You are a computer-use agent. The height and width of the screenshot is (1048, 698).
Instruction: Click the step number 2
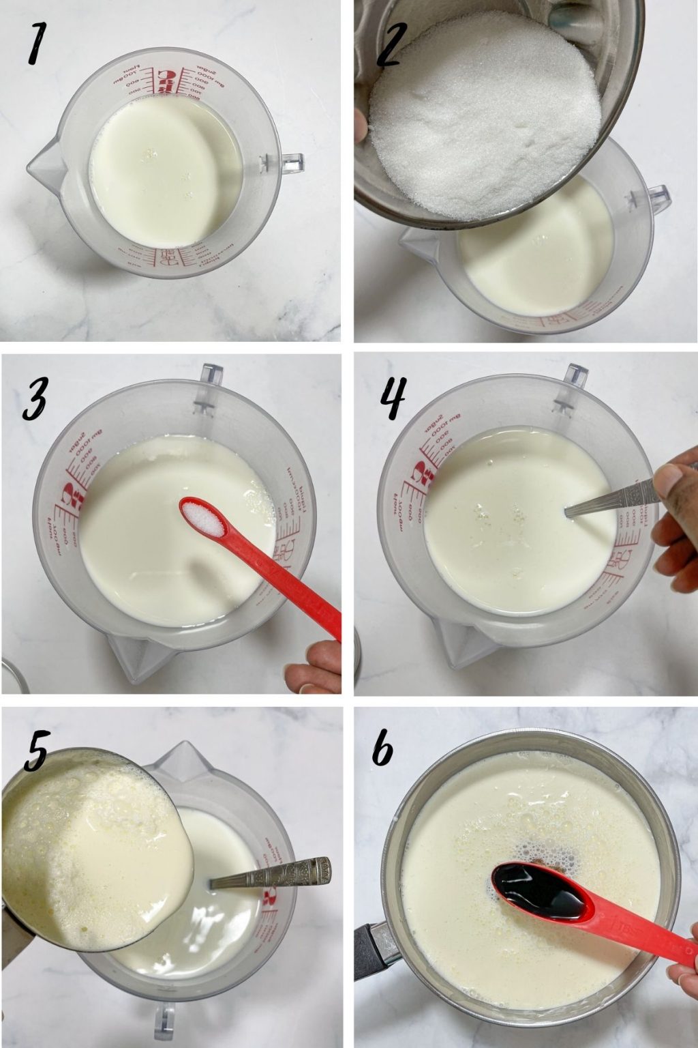(391, 42)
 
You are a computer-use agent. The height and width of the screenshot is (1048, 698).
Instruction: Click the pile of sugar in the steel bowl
(484, 113)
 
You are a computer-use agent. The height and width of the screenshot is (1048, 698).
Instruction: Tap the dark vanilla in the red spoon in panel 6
(538, 890)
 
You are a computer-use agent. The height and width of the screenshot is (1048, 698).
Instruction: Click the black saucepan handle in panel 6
(371, 948)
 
